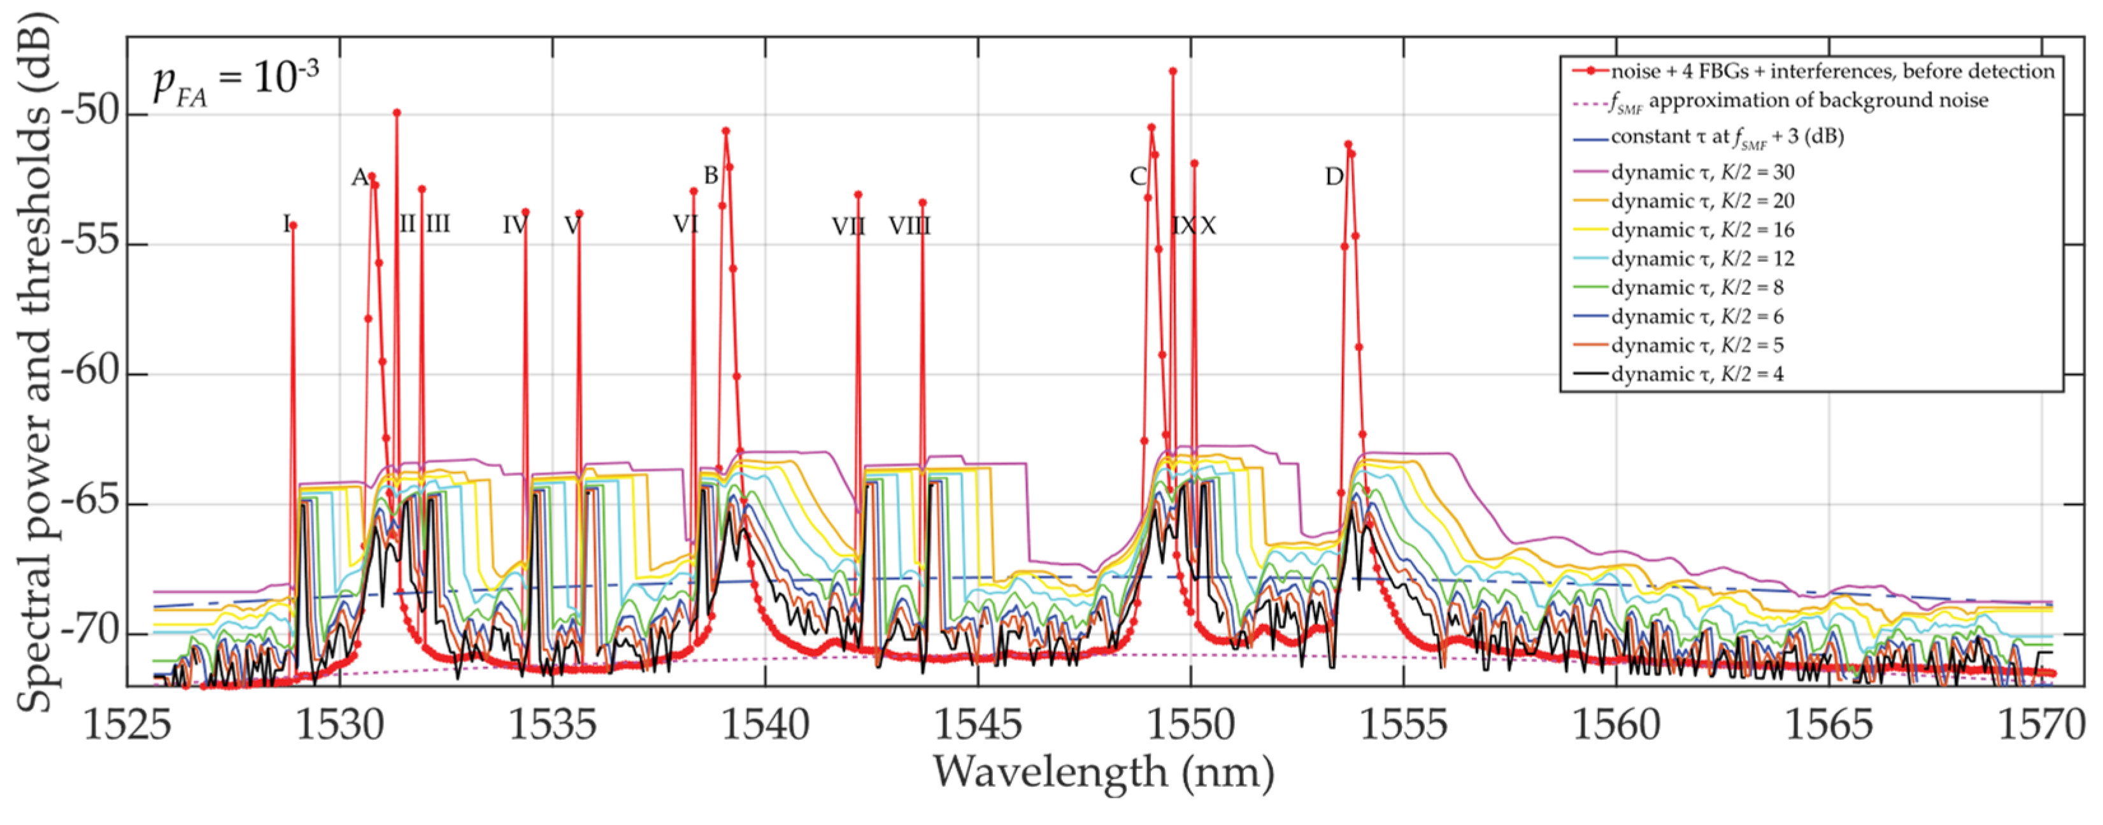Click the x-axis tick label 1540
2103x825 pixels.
(765, 724)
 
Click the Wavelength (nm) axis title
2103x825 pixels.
(1104, 773)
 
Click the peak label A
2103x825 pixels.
(359, 177)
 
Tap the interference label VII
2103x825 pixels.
(848, 226)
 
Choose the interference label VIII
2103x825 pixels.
(909, 226)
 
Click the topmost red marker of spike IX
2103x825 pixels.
(1173, 71)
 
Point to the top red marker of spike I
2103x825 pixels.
(293, 226)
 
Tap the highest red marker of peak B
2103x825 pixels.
(726, 131)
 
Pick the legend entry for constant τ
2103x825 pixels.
(1726, 137)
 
